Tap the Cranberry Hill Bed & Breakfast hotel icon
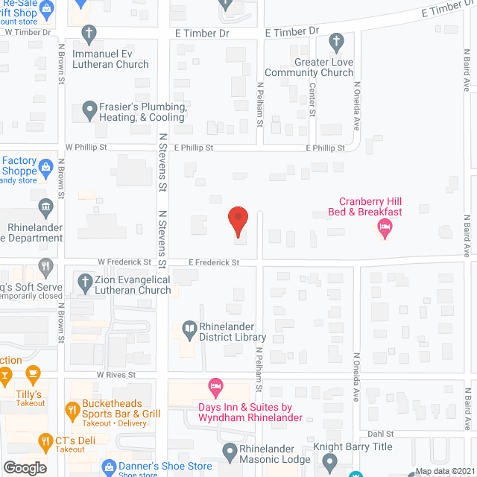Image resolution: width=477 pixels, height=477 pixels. [x=385, y=227]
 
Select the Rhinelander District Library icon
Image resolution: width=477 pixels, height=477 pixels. [x=190, y=328]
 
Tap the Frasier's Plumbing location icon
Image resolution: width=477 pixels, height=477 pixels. [x=89, y=110]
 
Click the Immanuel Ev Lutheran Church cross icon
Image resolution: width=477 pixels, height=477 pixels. [x=89, y=33]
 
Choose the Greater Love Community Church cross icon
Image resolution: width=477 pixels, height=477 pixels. [x=335, y=40]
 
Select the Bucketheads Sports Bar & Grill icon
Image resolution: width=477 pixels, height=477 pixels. [x=72, y=409]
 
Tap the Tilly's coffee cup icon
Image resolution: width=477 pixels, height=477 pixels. [x=32, y=373]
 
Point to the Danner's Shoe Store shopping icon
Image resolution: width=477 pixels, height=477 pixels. [x=108, y=467]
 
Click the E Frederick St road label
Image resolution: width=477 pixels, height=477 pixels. [x=213, y=262]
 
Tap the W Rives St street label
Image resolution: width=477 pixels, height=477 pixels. [x=116, y=375]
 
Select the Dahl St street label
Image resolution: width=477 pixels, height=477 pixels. [x=379, y=434]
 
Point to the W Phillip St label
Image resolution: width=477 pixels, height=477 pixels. [x=87, y=148]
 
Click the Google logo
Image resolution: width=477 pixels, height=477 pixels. [x=25, y=467]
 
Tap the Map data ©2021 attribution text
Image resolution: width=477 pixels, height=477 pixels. [x=443, y=471]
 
